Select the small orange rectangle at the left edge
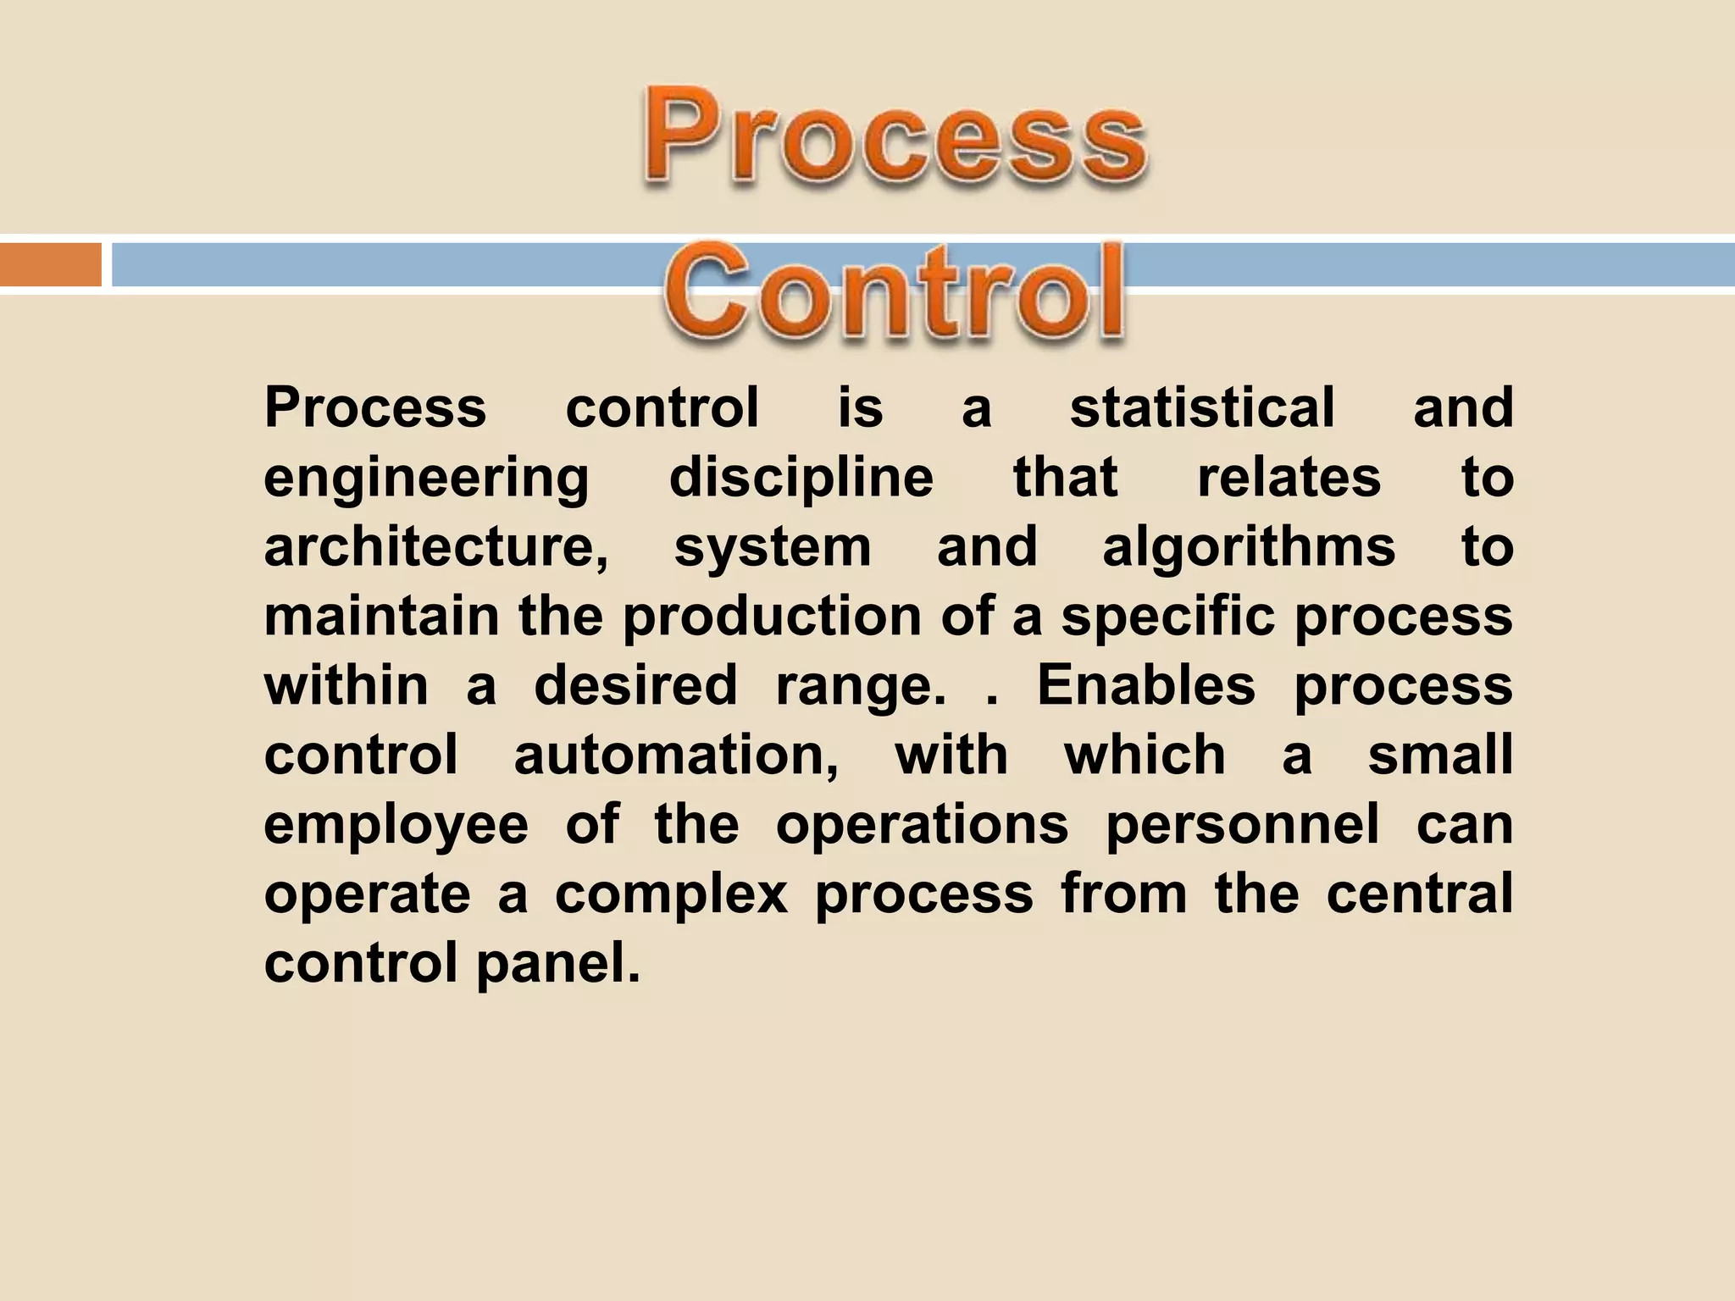50,264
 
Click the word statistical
1202,407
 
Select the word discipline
801,477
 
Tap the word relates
1289,477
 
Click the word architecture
435,546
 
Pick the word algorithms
1248,548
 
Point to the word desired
635,685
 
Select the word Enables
1146,685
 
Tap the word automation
676,755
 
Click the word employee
396,826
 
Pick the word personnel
1243,824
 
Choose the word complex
672,895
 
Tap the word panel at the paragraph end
557,965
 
